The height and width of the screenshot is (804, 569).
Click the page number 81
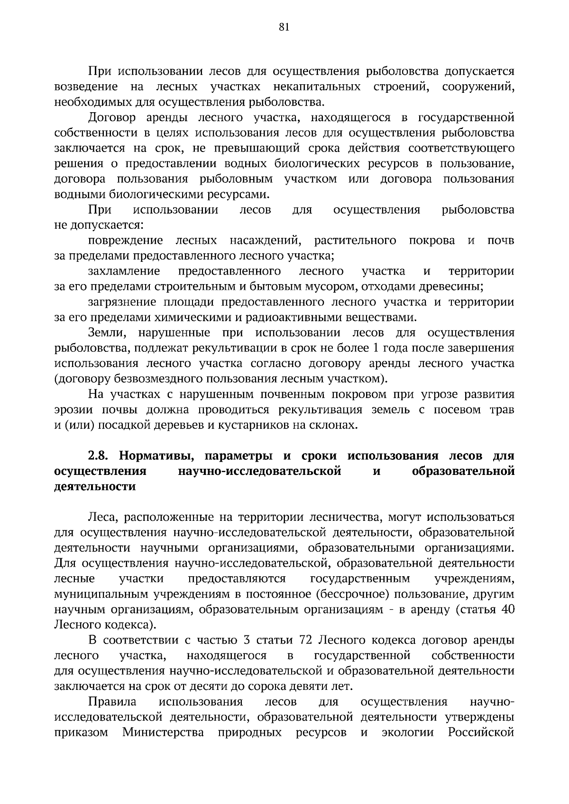[284, 27]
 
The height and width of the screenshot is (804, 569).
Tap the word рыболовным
[236, 179]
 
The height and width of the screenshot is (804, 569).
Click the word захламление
[124, 271]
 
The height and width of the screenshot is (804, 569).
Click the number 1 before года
[376, 348]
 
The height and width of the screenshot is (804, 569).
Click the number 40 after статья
[507, 609]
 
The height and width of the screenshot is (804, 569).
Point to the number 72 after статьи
[305, 641]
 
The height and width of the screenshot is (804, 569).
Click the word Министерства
[164, 733]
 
